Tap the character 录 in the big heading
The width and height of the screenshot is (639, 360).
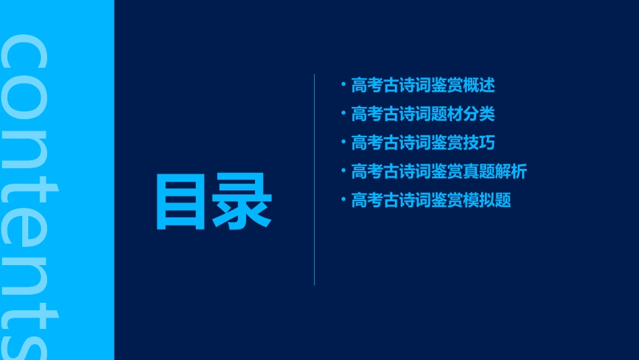click(243, 201)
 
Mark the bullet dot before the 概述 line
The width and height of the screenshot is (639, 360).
click(343, 85)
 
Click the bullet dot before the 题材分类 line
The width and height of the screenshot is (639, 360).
click(343, 114)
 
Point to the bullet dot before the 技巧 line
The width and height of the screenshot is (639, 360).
click(343, 142)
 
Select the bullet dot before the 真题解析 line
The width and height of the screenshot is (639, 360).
click(343, 171)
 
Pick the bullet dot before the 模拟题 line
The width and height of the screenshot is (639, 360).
click(343, 200)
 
